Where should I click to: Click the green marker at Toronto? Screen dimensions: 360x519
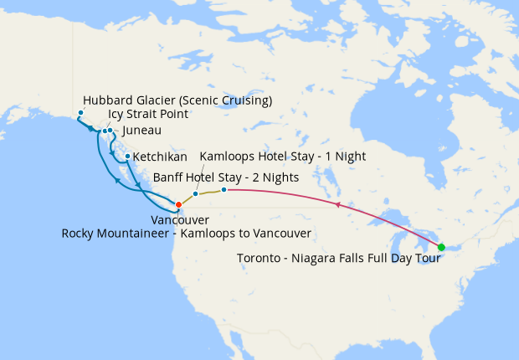(441, 246)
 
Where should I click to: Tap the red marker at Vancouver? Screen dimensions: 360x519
(178, 204)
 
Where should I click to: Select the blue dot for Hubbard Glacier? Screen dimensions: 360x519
(81, 113)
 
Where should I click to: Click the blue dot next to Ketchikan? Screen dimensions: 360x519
(127, 157)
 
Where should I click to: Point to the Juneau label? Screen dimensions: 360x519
(141, 131)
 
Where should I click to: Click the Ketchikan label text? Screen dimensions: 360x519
(160, 157)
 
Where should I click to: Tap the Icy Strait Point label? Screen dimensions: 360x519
(148, 115)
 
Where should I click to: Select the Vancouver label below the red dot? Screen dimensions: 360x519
(180, 219)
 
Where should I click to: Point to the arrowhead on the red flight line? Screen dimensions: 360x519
(337, 204)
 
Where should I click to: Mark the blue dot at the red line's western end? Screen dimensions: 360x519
(224, 190)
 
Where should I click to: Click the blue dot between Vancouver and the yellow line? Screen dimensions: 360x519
(196, 194)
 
